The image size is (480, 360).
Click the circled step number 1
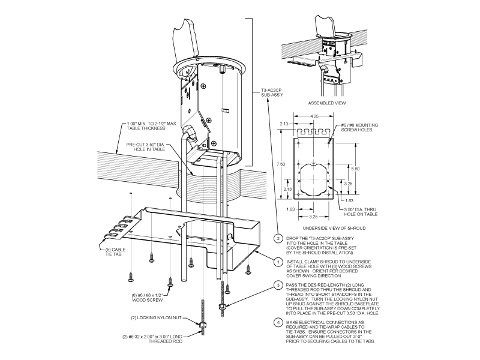pyautogui.click(x=278, y=262)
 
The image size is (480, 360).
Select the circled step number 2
pyautogui.click(x=278, y=238)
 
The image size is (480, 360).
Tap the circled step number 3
pyautogui.click(x=278, y=284)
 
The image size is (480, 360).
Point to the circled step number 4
pyautogui.click(x=278, y=322)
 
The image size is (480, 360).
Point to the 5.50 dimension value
pyautogui.click(x=356, y=169)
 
